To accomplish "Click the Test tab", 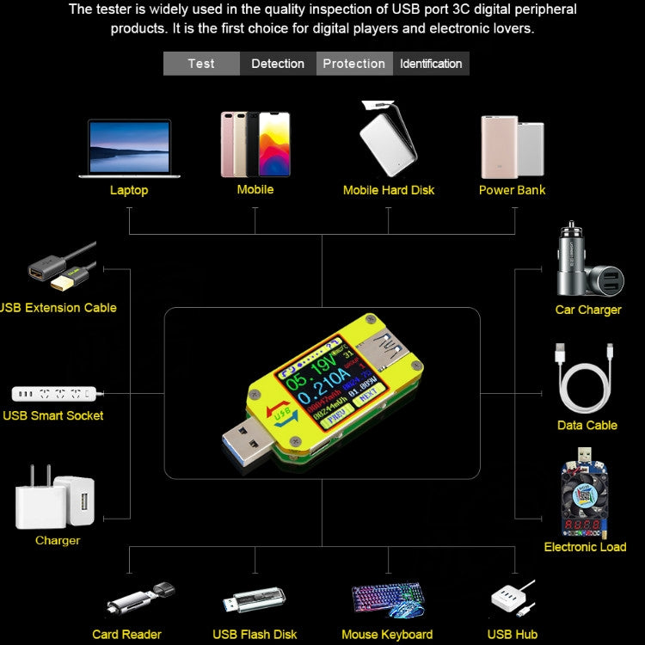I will [201, 64].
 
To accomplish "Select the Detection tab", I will [278, 64].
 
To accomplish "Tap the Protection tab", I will [354, 64].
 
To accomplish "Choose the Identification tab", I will [431, 64].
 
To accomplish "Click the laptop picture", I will [129, 148].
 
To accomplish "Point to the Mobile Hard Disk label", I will [389, 190].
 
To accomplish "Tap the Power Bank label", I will [513, 190].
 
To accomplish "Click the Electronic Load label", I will [585, 547].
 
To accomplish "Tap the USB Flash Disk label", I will [255, 635].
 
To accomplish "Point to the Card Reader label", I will [127, 635].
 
